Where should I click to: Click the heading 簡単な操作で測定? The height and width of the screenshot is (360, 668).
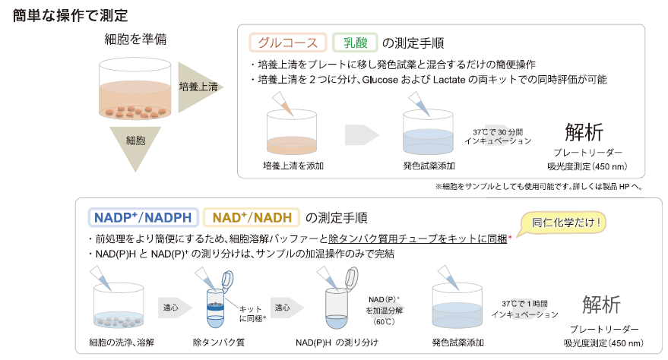70,16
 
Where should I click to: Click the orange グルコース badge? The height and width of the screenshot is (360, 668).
288,43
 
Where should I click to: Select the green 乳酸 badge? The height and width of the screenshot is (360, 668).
355,43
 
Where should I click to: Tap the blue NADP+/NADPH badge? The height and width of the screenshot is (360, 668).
143,217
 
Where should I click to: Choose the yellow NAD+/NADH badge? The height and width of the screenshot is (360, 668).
252,217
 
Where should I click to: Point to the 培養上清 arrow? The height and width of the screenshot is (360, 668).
198,87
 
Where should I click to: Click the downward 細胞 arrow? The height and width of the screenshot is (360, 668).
135,147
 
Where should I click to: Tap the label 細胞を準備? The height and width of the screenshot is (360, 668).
135,39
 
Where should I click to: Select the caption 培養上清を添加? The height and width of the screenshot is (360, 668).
293,166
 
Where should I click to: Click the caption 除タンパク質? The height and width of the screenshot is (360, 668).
219,343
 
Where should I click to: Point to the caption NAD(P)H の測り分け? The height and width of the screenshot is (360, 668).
337,343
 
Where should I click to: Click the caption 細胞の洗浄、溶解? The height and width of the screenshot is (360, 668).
122,343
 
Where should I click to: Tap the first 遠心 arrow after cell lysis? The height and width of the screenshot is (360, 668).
174,308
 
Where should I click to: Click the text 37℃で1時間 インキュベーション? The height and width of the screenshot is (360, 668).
524,309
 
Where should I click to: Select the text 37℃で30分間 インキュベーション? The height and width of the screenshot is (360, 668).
498,137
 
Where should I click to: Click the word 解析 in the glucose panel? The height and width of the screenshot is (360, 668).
584,132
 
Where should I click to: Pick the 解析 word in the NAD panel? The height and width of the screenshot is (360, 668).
601,305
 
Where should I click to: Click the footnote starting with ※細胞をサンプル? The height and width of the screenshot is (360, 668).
539,186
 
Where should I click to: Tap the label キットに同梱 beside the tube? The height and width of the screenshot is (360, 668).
252,314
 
